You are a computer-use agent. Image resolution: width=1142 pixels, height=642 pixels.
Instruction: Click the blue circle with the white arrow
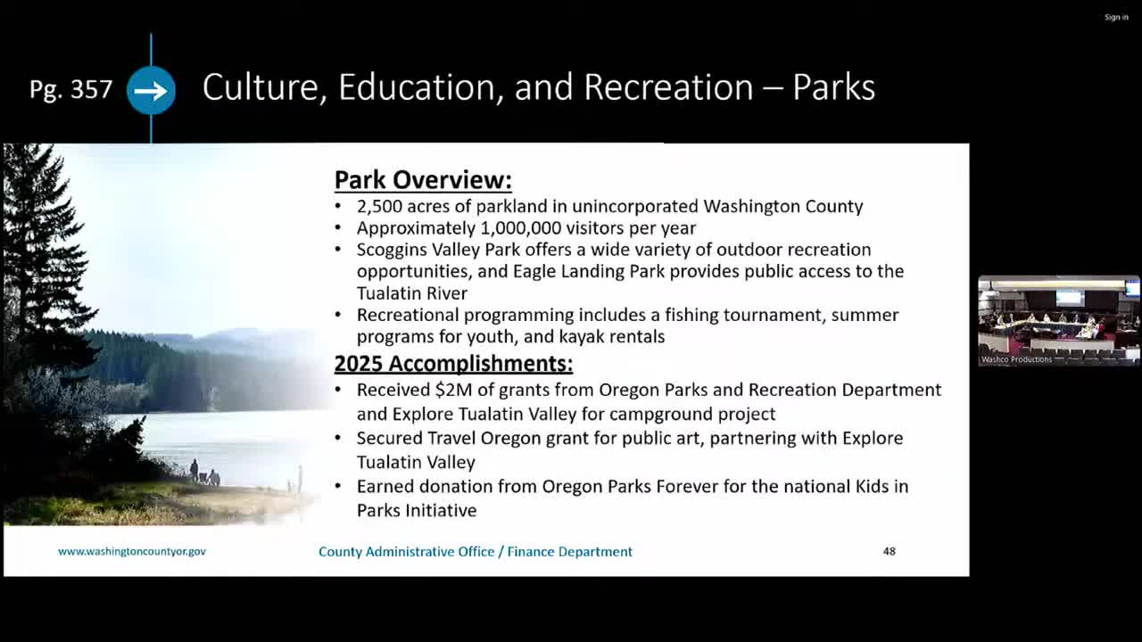(151, 90)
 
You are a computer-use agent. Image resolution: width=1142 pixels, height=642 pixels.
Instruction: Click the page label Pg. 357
(70, 90)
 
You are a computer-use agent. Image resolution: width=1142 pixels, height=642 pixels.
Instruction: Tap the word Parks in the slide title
(833, 87)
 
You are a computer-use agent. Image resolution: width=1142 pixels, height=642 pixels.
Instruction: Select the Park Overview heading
(423, 180)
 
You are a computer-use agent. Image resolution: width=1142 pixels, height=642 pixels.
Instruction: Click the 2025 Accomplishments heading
(453, 363)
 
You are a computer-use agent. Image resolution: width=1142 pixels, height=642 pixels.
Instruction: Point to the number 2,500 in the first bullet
(379, 207)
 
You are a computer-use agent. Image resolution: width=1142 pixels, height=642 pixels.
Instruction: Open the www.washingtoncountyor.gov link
(132, 551)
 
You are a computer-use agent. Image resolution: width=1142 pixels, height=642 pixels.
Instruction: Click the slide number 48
(890, 551)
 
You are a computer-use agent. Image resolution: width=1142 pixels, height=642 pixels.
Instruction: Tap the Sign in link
(1116, 17)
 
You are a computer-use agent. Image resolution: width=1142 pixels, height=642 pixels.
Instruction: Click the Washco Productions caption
(1016, 359)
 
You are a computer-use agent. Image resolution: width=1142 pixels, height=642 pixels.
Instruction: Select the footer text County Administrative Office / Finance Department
(476, 552)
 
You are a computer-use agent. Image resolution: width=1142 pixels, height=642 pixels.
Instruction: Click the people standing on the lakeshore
(204, 473)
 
